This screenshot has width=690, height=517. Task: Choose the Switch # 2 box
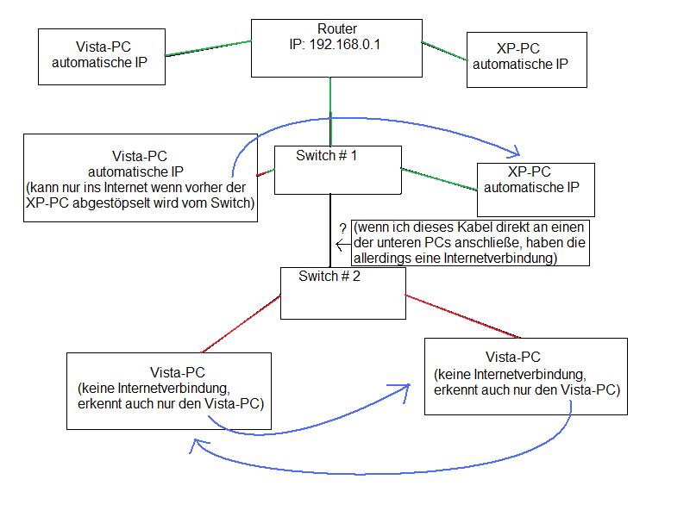click(342, 293)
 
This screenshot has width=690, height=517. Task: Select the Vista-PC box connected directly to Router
click(102, 56)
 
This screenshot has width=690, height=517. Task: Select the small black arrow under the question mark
click(342, 245)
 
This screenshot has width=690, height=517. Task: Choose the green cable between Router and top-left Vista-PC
click(207, 47)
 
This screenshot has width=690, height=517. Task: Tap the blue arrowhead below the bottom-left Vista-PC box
click(198, 445)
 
